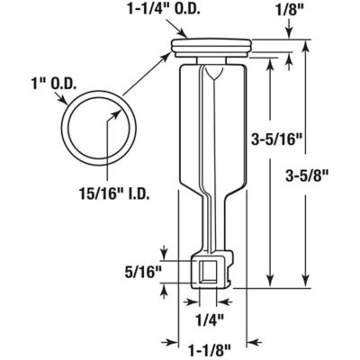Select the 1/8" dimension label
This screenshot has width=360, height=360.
(290, 10)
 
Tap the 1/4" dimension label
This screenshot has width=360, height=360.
(206, 316)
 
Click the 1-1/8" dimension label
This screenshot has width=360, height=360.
(208, 343)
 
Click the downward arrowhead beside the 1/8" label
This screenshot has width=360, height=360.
(290, 33)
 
